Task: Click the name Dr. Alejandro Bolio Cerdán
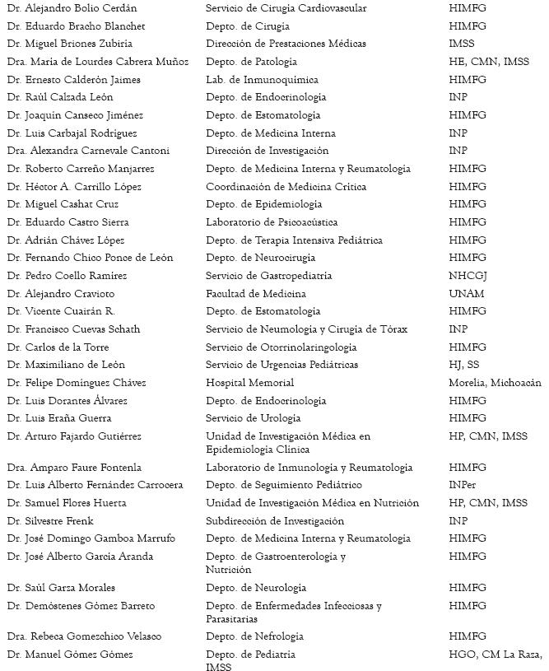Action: coord(72,8)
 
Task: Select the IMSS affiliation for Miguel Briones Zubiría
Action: coord(462,44)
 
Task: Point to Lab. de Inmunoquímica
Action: coord(261,80)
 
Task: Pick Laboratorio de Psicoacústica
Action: coord(271,222)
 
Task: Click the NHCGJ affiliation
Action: coord(467,276)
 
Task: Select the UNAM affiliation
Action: coord(466,294)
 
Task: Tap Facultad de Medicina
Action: coord(255,294)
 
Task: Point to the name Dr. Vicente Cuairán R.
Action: coord(60,311)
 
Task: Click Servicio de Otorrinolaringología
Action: coord(281,347)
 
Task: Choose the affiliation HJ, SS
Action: coord(463,365)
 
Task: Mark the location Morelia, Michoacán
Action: coord(495,383)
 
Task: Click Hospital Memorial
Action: coord(249,383)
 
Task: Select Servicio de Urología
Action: coord(254,418)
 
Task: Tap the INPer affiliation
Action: coord(463,485)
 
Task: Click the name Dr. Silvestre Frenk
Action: coord(50,521)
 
